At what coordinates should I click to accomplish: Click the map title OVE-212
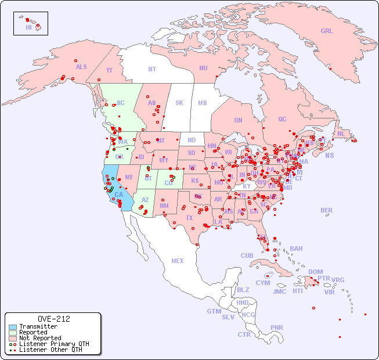click(x=53, y=319)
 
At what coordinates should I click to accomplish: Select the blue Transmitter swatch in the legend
click(x=12, y=327)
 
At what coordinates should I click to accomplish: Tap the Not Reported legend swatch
click(x=12, y=338)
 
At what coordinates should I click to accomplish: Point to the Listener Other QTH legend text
click(x=50, y=350)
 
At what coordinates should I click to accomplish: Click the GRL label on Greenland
click(x=327, y=31)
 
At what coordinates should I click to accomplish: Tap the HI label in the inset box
click(x=28, y=27)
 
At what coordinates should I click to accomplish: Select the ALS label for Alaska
click(x=81, y=67)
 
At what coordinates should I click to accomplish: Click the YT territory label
click(x=109, y=70)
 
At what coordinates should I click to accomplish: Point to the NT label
click(x=152, y=69)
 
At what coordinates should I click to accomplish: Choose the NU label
click(x=203, y=68)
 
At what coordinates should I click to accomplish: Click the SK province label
click(x=179, y=103)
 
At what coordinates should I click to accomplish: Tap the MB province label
click(x=203, y=103)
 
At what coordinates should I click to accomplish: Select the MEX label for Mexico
click(x=178, y=261)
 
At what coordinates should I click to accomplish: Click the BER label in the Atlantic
click(x=327, y=210)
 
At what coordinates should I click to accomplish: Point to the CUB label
click(x=247, y=255)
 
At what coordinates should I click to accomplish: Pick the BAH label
click(x=296, y=249)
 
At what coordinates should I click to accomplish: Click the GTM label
click(x=214, y=311)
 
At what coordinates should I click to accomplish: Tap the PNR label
click(x=277, y=327)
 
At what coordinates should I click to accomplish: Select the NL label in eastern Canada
click(x=341, y=134)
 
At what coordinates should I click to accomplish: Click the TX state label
click(x=189, y=218)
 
